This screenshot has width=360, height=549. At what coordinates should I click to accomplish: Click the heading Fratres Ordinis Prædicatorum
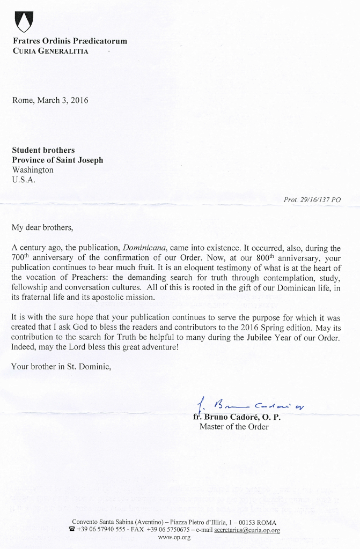[x=69, y=41]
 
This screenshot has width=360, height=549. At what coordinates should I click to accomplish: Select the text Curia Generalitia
[x=50, y=51]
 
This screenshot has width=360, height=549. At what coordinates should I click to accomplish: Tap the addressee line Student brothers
[x=43, y=150]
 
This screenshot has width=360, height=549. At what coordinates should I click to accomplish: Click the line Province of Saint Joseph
[x=57, y=160]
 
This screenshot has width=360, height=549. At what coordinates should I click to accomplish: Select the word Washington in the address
[x=33, y=169]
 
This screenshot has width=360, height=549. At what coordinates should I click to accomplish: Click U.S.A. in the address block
[x=24, y=179]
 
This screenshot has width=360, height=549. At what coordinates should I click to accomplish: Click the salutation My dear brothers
[x=42, y=227]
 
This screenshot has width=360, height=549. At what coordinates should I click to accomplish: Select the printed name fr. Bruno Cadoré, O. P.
[x=237, y=417]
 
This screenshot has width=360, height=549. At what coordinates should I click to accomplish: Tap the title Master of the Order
[x=234, y=427]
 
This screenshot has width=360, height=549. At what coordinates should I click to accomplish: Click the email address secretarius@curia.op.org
[x=247, y=530]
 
